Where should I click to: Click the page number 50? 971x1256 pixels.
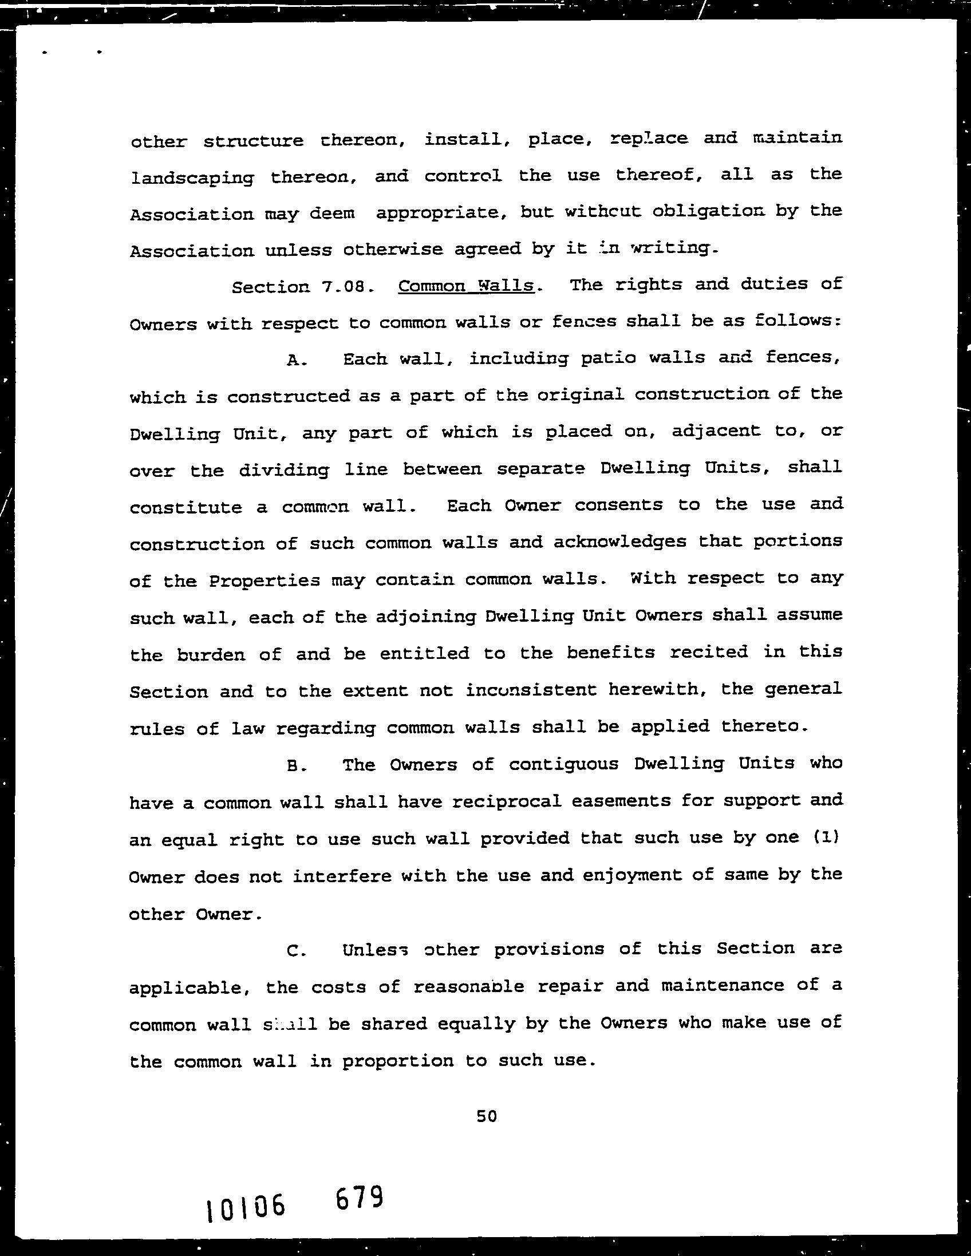tap(487, 1116)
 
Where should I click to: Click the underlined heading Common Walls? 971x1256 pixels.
tap(466, 286)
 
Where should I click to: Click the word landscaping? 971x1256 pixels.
tap(192, 177)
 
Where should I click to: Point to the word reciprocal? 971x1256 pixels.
tap(507, 801)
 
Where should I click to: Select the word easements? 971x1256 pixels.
tap(622, 800)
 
